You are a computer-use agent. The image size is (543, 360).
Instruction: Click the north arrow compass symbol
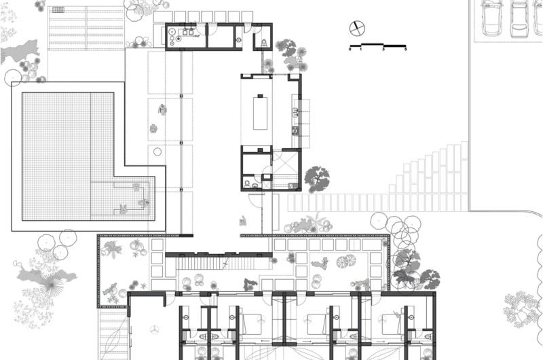coord(357,29)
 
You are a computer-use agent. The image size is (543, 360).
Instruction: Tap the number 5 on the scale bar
coord(405,50)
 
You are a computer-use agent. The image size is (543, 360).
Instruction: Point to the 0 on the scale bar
coord(350,50)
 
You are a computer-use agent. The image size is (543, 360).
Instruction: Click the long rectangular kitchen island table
coord(260,113)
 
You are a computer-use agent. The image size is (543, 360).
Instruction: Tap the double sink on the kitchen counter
coord(295,111)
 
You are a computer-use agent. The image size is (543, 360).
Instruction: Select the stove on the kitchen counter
coord(295,131)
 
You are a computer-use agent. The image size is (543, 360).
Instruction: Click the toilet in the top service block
coord(264,43)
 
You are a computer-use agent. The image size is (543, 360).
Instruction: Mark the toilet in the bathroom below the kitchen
coord(247,184)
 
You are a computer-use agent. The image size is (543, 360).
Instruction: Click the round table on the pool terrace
coord(157,151)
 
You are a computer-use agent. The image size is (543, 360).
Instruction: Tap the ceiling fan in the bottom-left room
coord(153,329)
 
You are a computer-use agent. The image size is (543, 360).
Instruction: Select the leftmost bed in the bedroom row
coord(250,324)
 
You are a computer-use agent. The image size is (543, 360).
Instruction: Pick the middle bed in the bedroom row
coord(317,324)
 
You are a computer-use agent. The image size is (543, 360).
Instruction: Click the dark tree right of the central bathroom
coord(317,179)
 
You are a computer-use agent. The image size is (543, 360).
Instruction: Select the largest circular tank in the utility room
coord(172,32)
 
